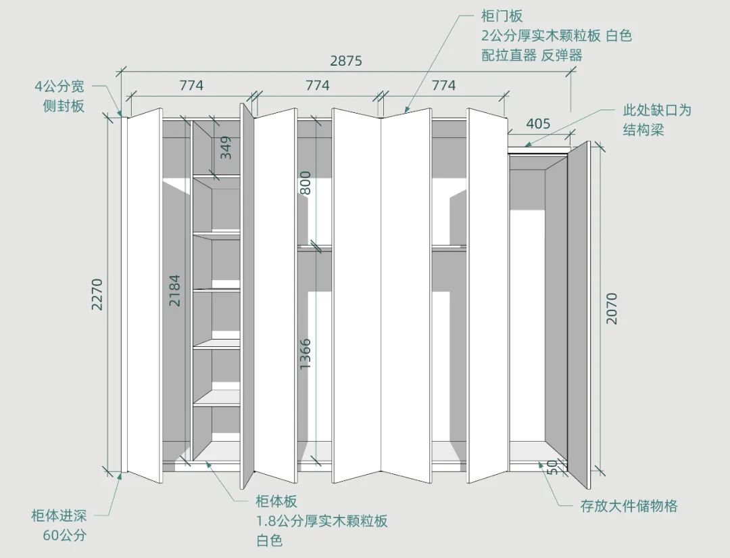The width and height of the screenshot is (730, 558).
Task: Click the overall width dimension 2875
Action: [x=345, y=61]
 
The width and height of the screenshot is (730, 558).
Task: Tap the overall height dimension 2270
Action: [x=97, y=294]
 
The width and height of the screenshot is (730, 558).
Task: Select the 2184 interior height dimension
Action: [x=175, y=290]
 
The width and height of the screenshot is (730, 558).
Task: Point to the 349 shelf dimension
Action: [x=226, y=147]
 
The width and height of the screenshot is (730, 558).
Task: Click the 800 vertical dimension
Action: [x=306, y=183]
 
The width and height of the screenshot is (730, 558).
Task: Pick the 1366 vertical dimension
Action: [x=306, y=353]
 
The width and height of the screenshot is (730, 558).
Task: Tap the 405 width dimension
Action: [x=537, y=124]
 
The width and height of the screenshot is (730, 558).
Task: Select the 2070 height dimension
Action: [x=611, y=308]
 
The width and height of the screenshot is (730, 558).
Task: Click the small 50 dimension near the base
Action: [x=551, y=466]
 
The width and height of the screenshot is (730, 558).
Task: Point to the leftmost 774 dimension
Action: [x=191, y=86]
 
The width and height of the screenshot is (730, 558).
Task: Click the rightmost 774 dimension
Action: [x=443, y=86]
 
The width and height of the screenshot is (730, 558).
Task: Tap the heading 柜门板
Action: [x=502, y=16]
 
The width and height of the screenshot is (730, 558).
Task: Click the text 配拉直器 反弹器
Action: [x=531, y=55]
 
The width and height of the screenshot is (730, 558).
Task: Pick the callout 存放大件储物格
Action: [x=629, y=506]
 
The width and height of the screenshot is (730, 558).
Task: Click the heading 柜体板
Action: [x=276, y=502]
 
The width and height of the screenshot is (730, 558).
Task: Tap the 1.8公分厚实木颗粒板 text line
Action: [x=321, y=521]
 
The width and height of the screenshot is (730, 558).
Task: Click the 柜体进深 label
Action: [x=59, y=516]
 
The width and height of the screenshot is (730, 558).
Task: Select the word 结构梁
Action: [x=643, y=129]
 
